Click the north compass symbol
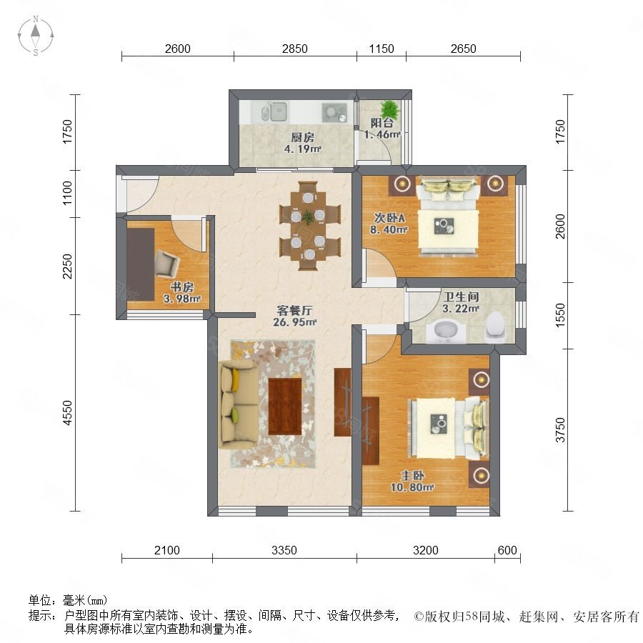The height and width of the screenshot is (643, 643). [x=36, y=36]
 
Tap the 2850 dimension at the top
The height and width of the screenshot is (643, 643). [x=294, y=49]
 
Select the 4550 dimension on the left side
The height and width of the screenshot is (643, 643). [x=67, y=412]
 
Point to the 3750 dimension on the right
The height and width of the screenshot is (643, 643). [x=560, y=430]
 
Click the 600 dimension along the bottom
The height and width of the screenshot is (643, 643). [x=507, y=550]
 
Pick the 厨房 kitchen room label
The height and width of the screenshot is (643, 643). [x=303, y=137]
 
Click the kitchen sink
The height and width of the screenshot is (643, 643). [x=274, y=111]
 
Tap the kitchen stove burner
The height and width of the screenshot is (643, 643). [x=334, y=112]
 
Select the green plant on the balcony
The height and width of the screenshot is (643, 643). [x=389, y=110]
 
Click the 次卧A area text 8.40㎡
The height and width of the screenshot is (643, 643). [x=389, y=229]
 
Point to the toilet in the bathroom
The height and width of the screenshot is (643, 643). [x=495, y=327]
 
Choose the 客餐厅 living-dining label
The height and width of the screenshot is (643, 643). [x=294, y=311]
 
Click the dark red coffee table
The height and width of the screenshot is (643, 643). [x=285, y=407]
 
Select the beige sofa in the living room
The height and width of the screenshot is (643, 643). [x=239, y=404]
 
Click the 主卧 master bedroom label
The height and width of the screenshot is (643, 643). [x=412, y=476]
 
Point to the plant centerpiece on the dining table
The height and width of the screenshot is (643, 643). [x=307, y=217]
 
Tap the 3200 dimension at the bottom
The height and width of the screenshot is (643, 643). [x=426, y=550]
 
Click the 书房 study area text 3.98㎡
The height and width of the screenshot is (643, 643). [x=182, y=299]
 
